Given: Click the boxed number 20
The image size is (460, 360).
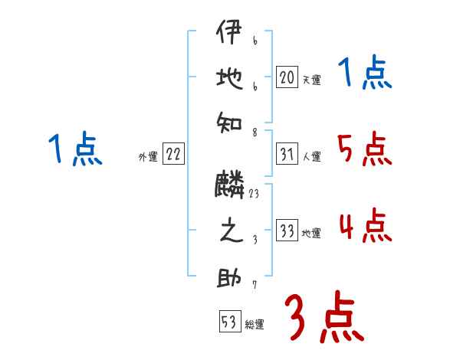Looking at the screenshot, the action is click(287, 78).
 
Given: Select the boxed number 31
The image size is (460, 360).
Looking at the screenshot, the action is click(287, 155).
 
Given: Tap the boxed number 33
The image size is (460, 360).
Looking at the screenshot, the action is click(287, 231).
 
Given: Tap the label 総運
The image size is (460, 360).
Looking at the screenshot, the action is click(255, 324).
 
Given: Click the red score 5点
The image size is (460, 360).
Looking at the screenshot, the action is click(363, 149).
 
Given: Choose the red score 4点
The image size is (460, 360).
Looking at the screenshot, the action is click(364, 226).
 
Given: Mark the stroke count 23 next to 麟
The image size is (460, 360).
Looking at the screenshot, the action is click(254, 195).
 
